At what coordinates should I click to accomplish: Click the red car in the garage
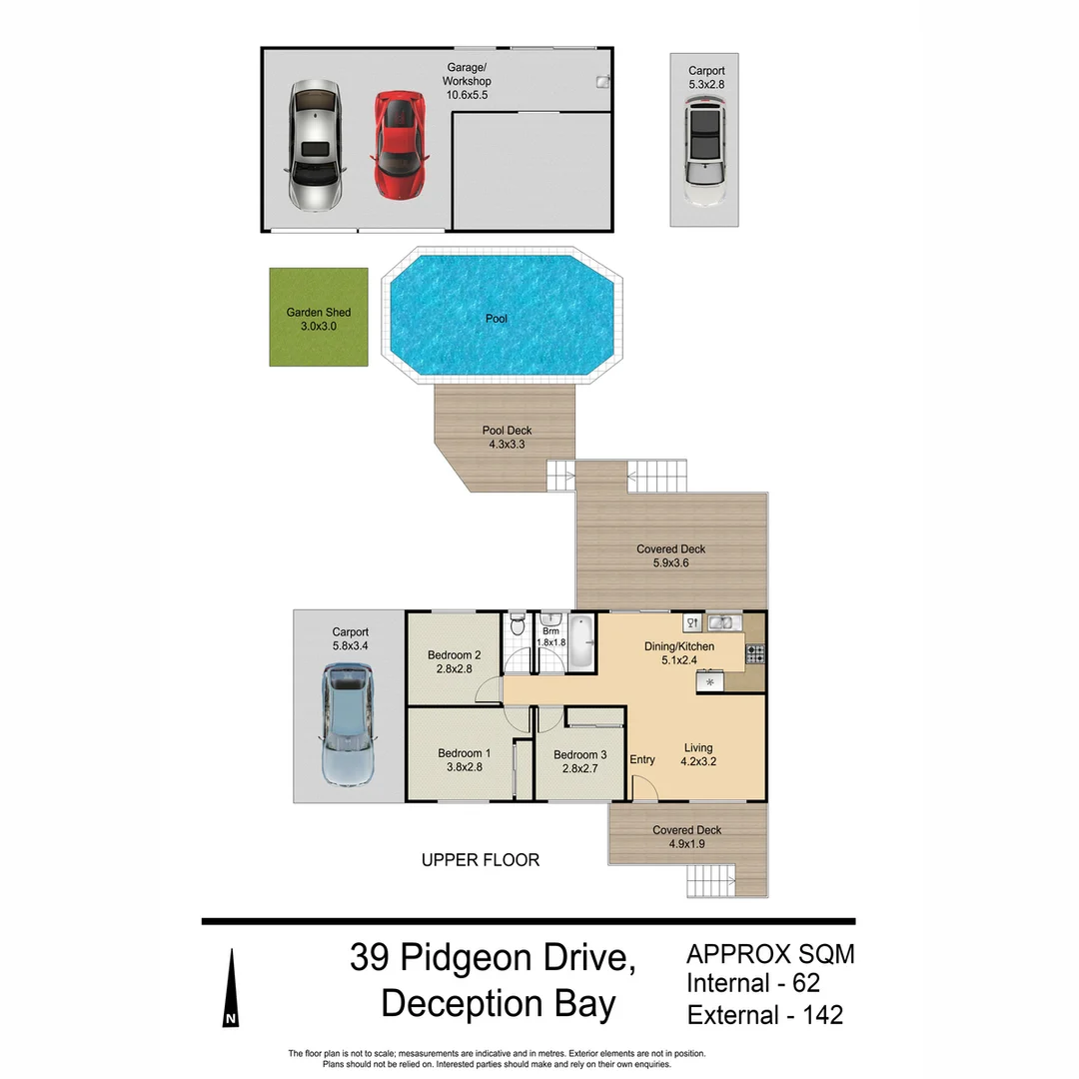point(400,145)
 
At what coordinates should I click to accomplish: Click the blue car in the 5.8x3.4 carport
point(347,724)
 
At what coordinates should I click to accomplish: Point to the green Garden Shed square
point(318,318)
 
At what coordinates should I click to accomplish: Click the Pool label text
point(497,319)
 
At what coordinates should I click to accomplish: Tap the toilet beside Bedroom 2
point(516,626)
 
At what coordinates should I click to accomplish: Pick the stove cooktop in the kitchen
point(756,655)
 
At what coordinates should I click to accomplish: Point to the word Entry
point(642,760)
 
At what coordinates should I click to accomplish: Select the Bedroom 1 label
point(464,760)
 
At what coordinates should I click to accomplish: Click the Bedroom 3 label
point(579,761)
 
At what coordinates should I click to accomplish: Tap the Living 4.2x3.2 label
point(698,754)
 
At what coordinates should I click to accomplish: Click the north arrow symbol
point(231,989)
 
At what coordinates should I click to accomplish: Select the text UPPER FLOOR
point(480,860)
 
